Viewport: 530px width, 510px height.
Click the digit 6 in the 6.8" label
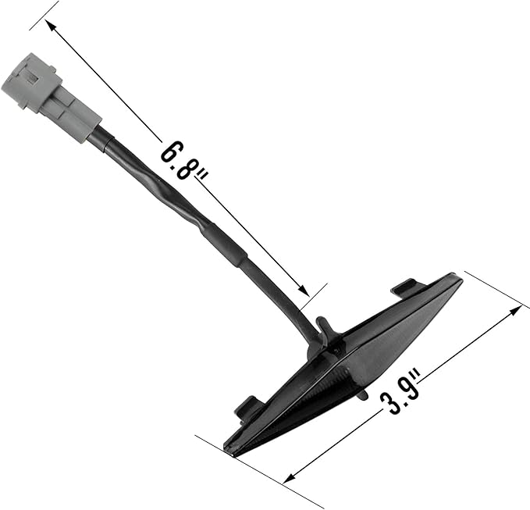click(170, 152)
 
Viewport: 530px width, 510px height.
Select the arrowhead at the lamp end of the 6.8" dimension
click(303, 290)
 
